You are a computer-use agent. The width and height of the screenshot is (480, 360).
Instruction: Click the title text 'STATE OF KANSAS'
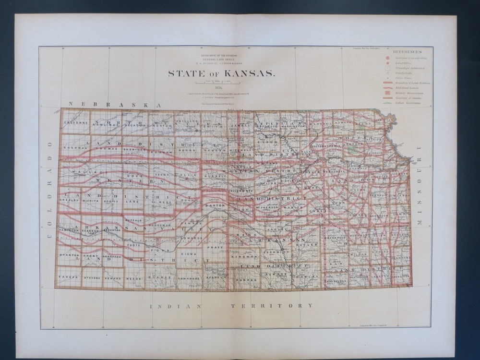pos(221,73)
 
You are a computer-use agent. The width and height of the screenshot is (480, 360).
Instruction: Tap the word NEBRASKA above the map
pos(114,104)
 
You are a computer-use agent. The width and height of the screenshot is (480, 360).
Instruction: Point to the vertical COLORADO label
pos(50,190)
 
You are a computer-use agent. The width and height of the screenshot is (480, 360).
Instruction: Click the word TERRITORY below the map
pos(272,306)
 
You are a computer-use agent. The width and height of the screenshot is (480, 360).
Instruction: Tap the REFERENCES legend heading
pos(407,51)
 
